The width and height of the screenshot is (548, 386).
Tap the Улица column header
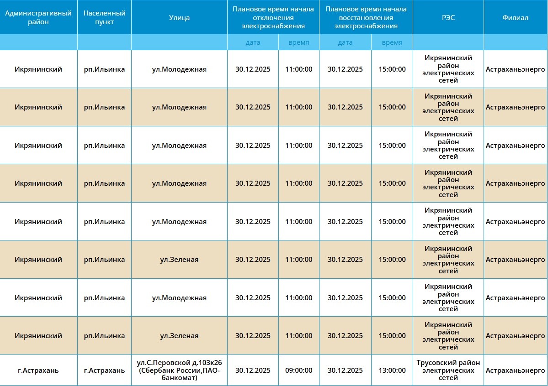click(x=179, y=18)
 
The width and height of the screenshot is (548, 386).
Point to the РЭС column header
click(x=448, y=18)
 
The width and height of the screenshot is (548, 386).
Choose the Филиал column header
click(x=515, y=18)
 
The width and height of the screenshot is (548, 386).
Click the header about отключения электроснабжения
click(x=273, y=18)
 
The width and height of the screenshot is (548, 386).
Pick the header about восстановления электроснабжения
click(x=366, y=18)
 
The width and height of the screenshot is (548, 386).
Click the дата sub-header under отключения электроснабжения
click(x=253, y=42)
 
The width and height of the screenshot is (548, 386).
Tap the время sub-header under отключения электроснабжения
click(x=298, y=42)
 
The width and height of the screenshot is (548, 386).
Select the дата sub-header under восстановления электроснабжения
click(x=345, y=42)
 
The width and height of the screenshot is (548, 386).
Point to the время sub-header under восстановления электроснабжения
click(x=392, y=42)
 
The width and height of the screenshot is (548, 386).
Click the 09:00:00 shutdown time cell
click(x=298, y=370)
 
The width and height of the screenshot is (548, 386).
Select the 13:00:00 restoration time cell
click(x=392, y=370)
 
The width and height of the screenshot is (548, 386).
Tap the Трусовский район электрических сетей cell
click(x=448, y=370)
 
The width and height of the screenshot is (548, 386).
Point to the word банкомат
click(x=179, y=378)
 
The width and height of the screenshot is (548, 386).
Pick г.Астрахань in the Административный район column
click(x=38, y=370)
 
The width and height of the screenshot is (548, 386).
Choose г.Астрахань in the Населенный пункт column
click(x=104, y=370)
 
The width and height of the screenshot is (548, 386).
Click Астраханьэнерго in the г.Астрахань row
click(x=515, y=370)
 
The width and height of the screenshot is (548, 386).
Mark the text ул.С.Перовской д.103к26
click(x=179, y=363)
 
